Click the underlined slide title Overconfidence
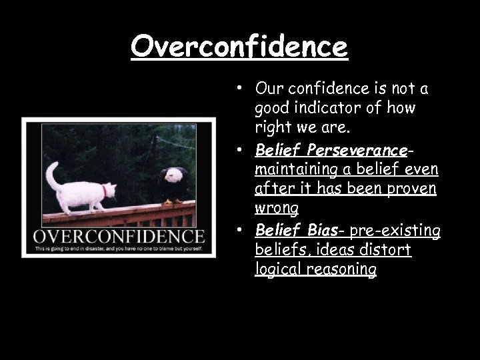[239, 47]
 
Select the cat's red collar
[104, 191]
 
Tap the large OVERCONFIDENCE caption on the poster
[119, 236]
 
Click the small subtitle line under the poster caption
[119, 249]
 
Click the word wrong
[277, 209]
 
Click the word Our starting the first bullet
[269, 88]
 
